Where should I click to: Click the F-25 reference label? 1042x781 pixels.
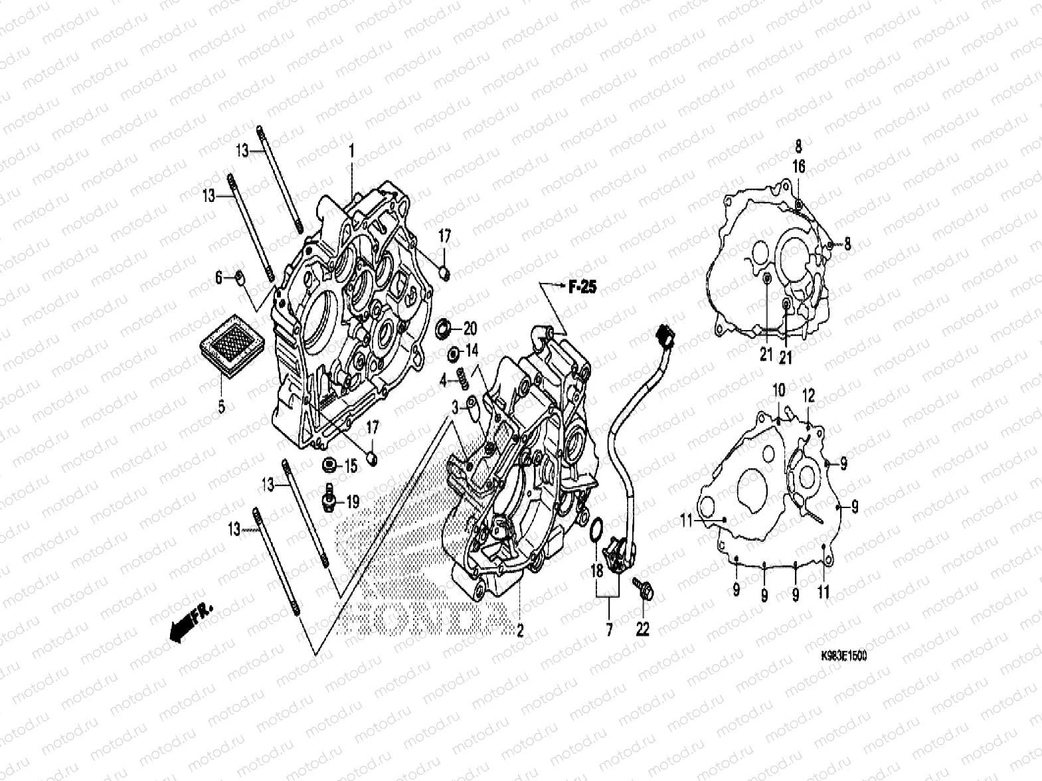[x=582, y=288]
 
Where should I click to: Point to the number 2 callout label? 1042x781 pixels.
[x=520, y=630]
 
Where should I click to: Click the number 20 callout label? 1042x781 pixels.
[x=471, y=329]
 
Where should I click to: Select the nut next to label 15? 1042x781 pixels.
[x=329, y=466]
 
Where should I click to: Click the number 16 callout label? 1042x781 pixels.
[x=799, y=167]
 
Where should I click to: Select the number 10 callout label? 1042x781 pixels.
[x=778, y=390]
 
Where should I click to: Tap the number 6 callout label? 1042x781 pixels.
[x=218, y=279]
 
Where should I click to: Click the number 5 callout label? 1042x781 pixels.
[x=221, y=405]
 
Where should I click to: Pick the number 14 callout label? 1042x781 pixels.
[x=471, y=351]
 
